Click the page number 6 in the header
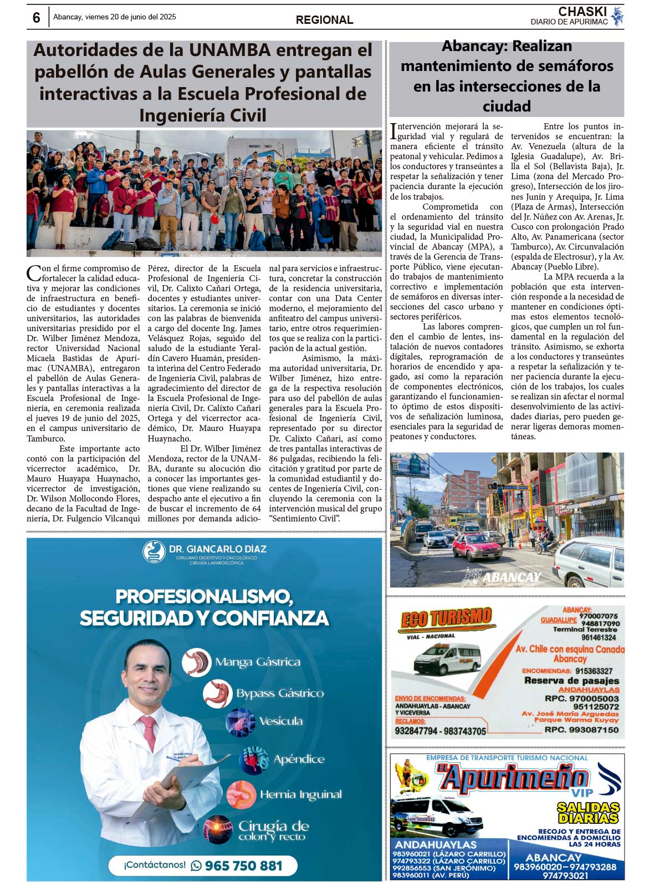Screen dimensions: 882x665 coord(37,18)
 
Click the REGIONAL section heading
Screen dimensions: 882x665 coord(324,20)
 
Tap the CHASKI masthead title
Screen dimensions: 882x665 coord(582,12)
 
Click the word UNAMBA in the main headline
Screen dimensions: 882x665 coord(229,50)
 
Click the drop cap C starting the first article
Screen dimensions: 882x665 coord(33,273)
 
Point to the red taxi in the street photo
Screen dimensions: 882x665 coord(478,547)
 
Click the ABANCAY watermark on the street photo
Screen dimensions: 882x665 coord(511,577)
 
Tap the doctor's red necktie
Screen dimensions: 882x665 coord(149,732)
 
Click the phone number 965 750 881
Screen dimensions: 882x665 coord(243,866)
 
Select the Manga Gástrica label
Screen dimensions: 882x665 coord(258,662)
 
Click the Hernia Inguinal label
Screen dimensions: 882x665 coord(301,795)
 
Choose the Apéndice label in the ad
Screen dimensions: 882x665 coord(299,759)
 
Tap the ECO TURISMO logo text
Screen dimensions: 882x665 coord(446,619)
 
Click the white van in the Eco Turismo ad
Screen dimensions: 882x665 coord(447,659)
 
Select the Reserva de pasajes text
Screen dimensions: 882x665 coord(571,681)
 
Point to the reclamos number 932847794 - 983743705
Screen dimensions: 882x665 coord(440,731)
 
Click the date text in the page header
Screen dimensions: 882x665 coord(115,17)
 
